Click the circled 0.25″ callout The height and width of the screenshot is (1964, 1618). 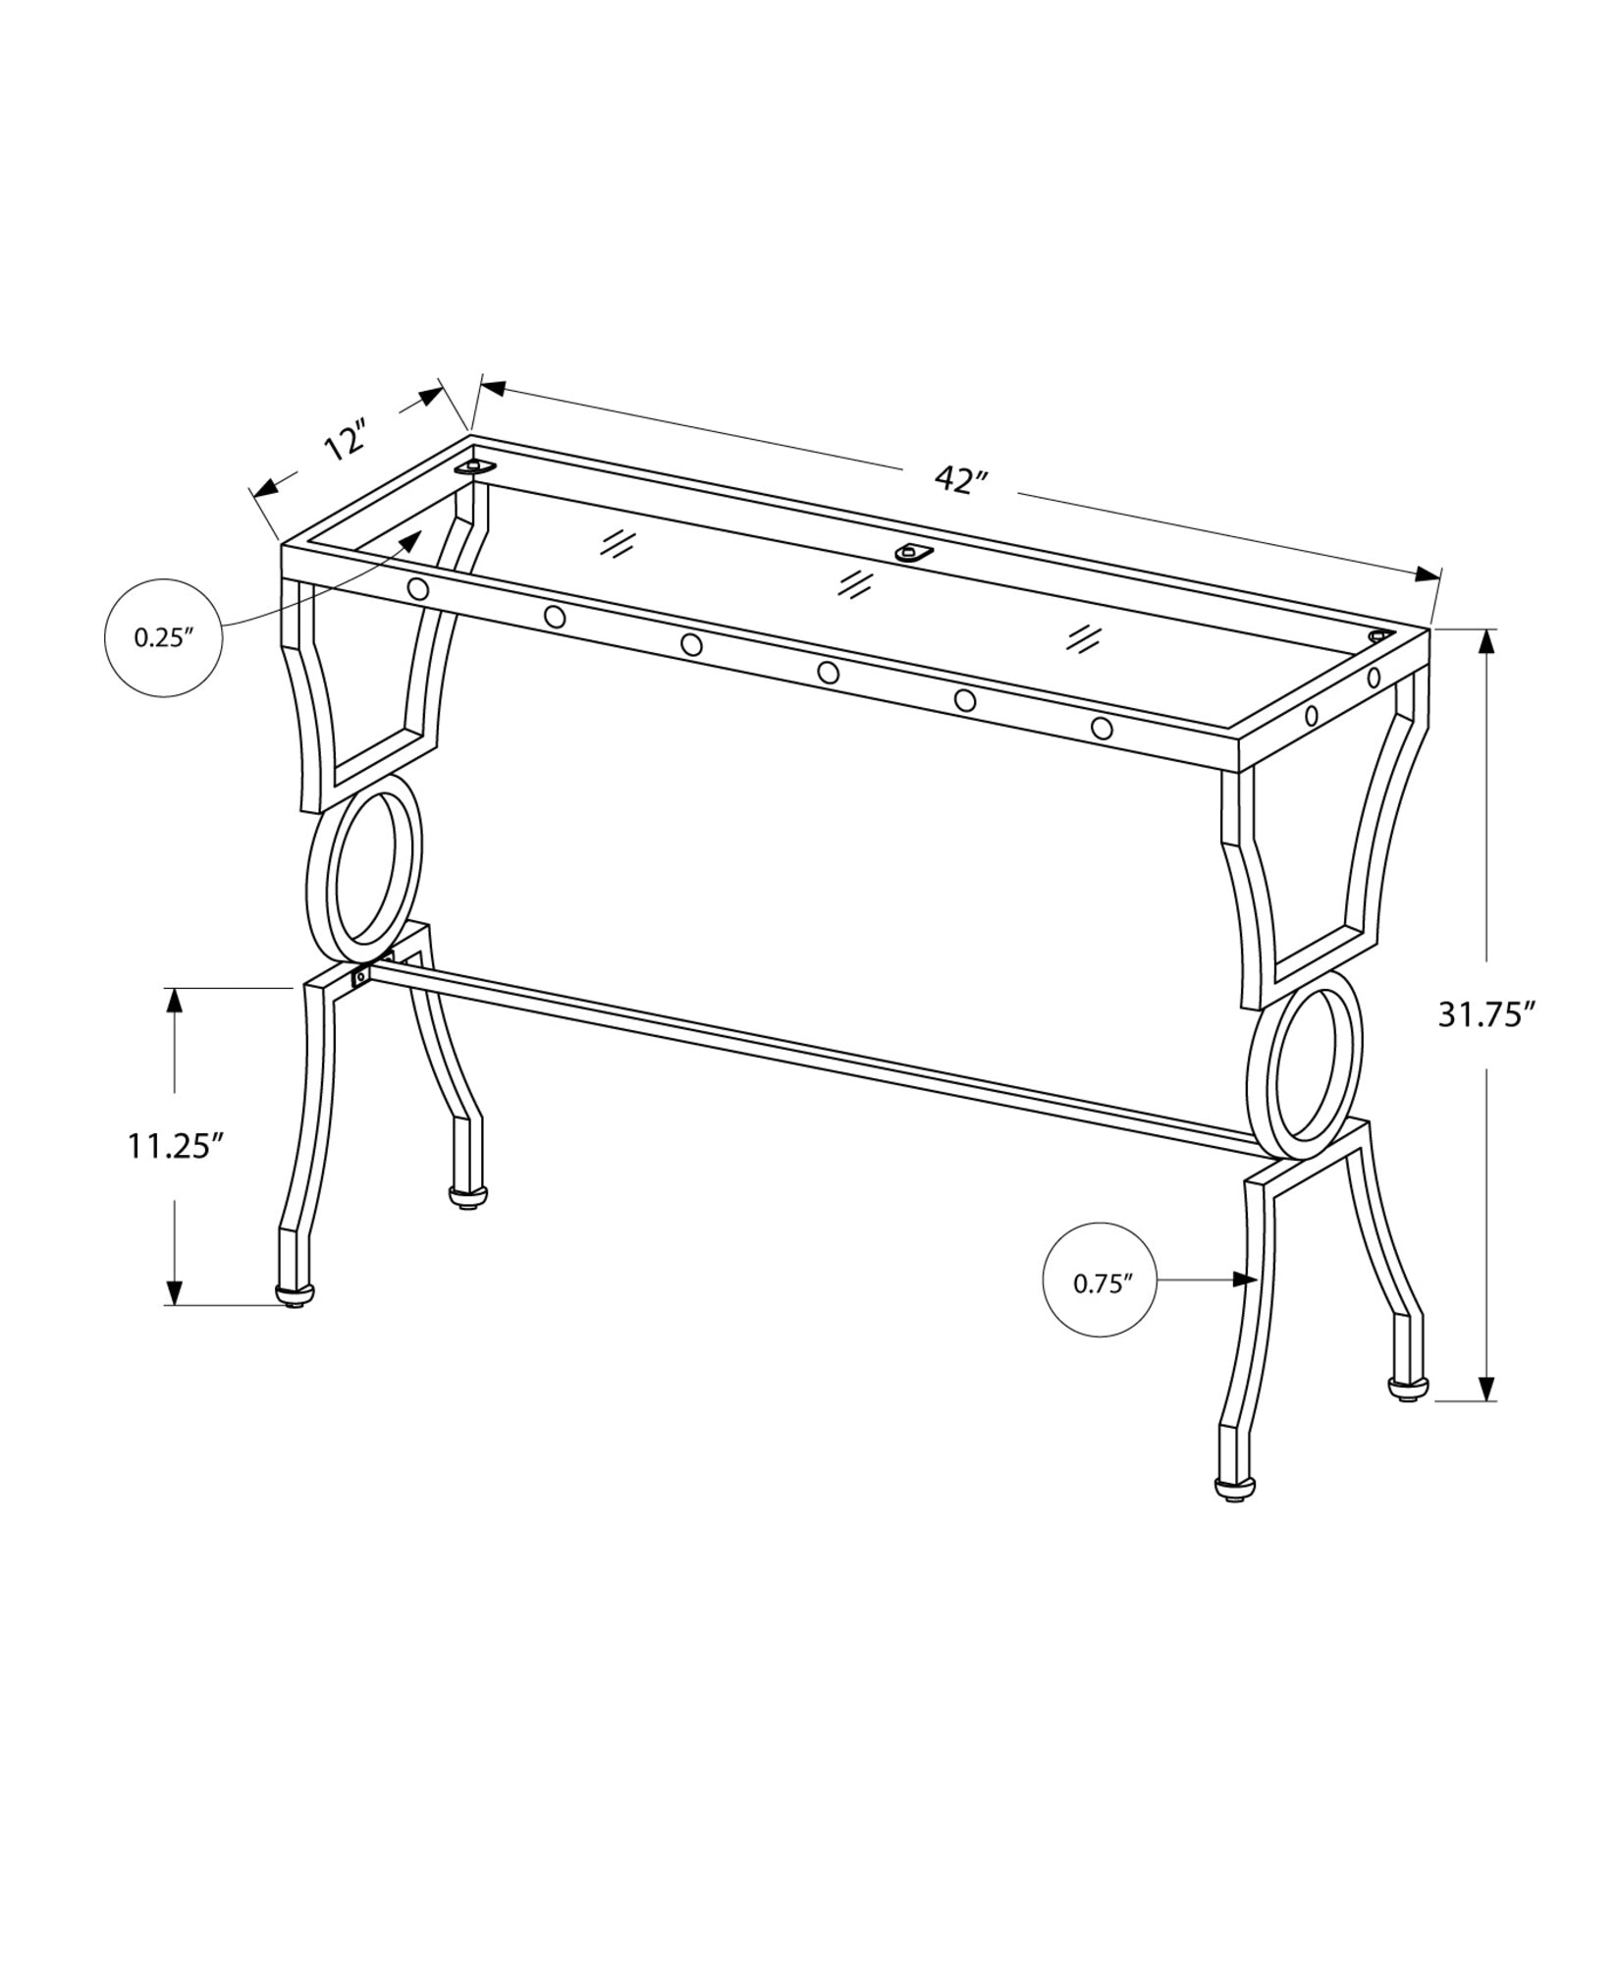163,637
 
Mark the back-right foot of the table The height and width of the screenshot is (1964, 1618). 1407,1389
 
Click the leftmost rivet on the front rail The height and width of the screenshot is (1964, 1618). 417,589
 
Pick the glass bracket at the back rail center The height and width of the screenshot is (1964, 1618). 913,554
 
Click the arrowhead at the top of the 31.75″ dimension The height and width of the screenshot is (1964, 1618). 1486,642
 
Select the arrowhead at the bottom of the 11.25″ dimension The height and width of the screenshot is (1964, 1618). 175,1291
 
